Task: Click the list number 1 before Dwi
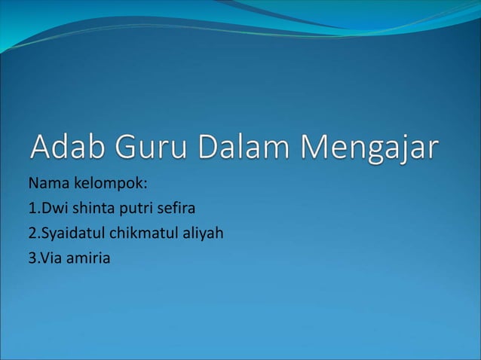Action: tap(32, 208)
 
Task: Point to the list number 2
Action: tap(32, 233)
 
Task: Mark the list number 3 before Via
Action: tap(32, 259)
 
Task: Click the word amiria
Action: tap(89, 259)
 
